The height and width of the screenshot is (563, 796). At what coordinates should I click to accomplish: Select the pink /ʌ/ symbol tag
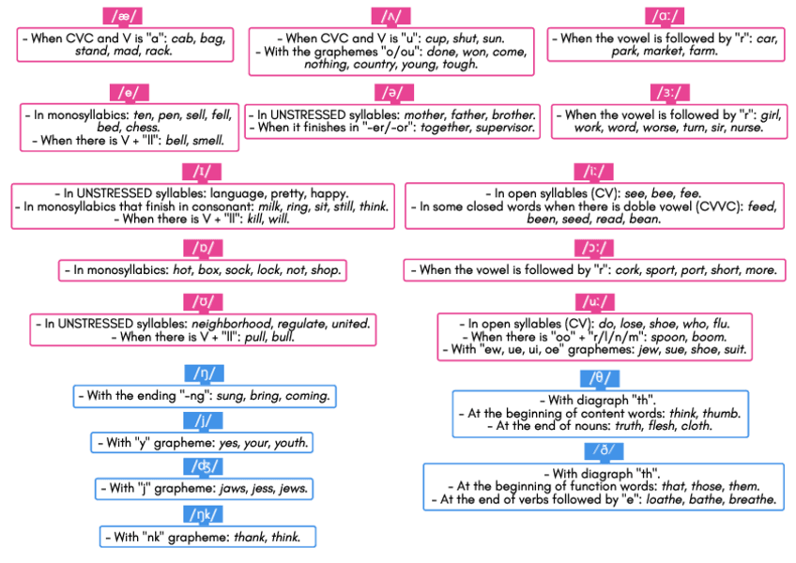coord(390,16)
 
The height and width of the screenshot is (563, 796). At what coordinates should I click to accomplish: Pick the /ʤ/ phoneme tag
coord(203,466)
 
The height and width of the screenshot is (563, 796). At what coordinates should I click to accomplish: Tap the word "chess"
coord(141,127)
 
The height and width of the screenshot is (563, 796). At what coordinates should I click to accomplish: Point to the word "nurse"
coord(746,127)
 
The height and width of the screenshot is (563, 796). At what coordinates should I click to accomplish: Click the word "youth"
coord(290,443)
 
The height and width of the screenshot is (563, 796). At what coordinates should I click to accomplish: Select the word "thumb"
coord(722,413)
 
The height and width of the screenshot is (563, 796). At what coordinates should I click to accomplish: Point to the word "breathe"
coord(752,500)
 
